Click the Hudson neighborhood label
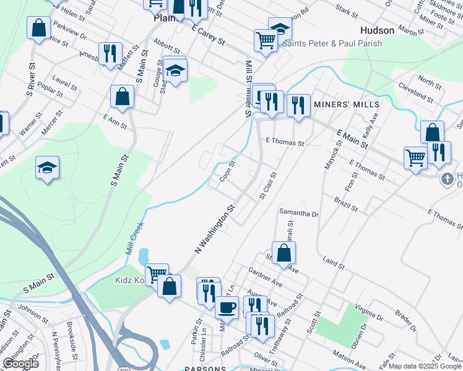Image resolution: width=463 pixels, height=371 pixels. [377, 30]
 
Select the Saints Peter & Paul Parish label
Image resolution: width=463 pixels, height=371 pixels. [332, 43]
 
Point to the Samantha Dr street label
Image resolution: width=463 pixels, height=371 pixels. [298, 213]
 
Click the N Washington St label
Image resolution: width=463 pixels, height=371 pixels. [215, 230]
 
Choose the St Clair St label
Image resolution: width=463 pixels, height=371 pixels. [268, 185]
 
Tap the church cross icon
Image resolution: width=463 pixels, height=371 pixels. [447, 179]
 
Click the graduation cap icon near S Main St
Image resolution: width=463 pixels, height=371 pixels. [47, 168]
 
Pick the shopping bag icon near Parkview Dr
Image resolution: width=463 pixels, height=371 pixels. [38, 28]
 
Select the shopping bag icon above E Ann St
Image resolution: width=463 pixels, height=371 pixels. [122, 96]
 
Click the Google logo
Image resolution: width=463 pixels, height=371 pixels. [20, 364]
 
